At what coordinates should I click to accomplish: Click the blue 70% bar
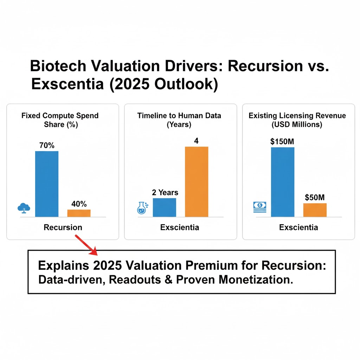coord(47,184)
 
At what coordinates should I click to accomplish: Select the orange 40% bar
coord(79,213)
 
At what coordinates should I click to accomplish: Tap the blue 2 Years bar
coord(164,207)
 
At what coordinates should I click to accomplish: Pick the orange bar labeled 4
coord(197,181)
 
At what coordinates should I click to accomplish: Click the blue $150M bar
coord(283,182)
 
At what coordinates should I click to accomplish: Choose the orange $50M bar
coord(315,210)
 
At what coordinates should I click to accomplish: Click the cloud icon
coord(24,208)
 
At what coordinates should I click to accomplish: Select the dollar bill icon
coord(260,207)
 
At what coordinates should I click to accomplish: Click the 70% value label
coord(46,145)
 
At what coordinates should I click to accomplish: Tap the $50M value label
coord(315,198)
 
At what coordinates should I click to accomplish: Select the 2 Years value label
coord(165,192)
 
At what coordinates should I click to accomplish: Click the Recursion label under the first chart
coord(63,227)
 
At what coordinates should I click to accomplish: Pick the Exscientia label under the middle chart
coord(180,227)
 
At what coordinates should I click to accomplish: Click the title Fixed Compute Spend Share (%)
coord(60,120)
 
